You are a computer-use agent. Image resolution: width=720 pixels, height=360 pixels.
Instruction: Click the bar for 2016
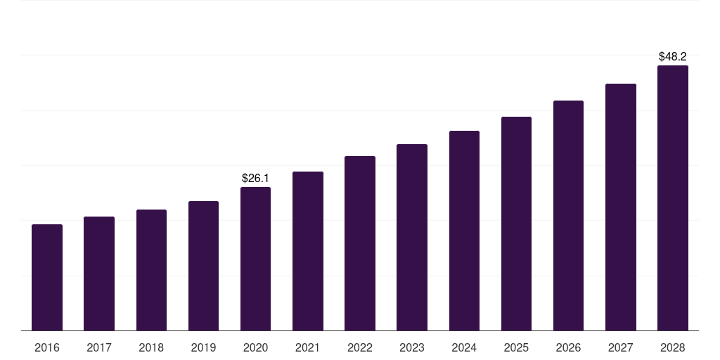coord(47,277)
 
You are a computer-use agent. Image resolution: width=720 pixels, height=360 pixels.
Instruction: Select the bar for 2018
coord(151,270)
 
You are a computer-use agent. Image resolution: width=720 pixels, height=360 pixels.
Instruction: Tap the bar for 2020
coord(255,259)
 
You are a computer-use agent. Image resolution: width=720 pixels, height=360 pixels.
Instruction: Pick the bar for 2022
coord(360,243)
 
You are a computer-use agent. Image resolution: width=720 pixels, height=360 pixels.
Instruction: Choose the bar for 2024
coord(464,231)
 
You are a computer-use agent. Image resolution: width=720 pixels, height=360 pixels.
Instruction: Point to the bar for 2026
coord(568,215)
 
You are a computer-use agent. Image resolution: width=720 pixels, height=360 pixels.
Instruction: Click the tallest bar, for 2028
coord(672,198)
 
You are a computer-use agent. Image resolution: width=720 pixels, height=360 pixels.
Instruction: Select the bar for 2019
coord(203,266)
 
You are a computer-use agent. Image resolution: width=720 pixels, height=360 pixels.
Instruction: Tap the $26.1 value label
coord(255,179)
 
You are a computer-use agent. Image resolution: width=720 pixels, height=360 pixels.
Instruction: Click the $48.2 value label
coord(672,57)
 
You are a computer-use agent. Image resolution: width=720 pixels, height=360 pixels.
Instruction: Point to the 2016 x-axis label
coord(47,348)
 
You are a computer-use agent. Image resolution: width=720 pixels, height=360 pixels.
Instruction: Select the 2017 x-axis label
coord(99,348)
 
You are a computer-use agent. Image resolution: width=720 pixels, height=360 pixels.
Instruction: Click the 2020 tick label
coord(255,348)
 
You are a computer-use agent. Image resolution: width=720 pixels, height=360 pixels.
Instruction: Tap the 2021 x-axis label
coord(307,348)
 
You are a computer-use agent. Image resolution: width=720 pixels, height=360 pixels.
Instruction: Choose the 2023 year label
coord(412,348)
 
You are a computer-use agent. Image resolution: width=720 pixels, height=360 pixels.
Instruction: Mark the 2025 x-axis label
coord(516,348)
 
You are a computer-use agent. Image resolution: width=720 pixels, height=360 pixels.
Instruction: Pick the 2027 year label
coord(620,348)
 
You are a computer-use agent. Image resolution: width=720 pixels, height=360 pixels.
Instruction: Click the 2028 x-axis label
coord(672,348)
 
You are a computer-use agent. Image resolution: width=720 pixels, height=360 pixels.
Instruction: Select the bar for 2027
coord(620,207)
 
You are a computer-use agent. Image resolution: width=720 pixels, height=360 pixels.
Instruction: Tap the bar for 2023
coord(412,237)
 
